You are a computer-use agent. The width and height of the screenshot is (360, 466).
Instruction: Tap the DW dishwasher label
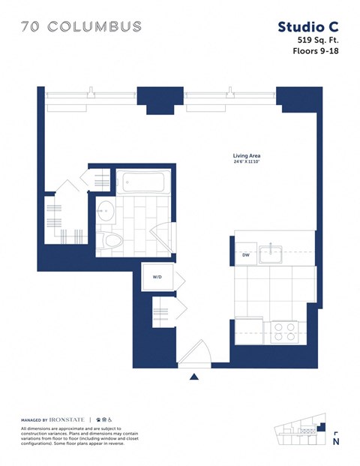tap(245, 255)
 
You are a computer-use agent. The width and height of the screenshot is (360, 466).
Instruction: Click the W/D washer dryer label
tap(157, 277)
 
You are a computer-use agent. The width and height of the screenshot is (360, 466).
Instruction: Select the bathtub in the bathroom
tap(143, 182)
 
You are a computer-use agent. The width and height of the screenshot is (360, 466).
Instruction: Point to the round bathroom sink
tap(106, 209)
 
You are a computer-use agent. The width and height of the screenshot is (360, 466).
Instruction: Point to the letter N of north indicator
tap(336, 442)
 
